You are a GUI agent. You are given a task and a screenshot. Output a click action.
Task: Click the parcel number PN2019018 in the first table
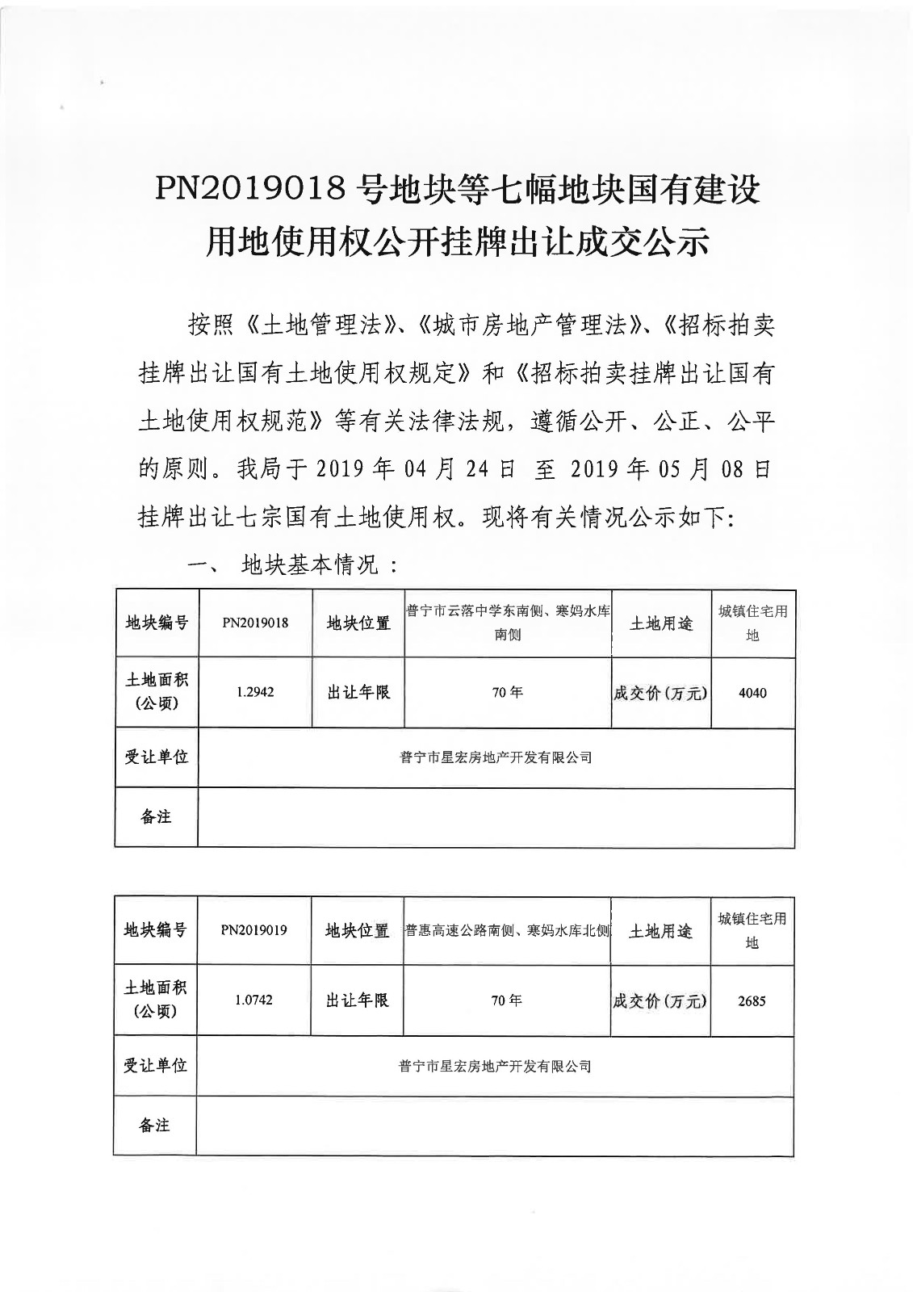[x=255, y=623]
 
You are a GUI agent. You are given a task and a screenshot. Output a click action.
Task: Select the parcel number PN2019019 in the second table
[x=253, y=930]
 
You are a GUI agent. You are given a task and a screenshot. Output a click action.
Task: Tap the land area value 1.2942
[x=255, y=692]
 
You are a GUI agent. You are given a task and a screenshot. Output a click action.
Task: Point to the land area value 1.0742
[x=253, y=1000]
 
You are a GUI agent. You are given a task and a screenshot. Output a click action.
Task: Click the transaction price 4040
[x=752, y=693]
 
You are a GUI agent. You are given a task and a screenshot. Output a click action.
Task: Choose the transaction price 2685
[x=752, y=1000]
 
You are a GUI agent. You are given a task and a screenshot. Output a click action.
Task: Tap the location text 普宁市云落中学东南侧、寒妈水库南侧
[x=507, y=623]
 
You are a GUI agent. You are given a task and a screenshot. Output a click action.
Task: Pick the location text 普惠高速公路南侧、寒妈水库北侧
[x=507, y=930]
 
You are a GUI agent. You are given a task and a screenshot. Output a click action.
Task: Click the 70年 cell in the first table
[x=507, y=693]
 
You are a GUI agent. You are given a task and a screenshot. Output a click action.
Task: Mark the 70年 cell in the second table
[x=506, y=1000]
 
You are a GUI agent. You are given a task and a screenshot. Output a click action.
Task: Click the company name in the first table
[x=496, y=757]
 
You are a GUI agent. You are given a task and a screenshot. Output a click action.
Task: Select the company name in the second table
[x=495, y=1066]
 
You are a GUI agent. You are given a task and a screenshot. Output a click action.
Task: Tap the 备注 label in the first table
[x=156, y=816]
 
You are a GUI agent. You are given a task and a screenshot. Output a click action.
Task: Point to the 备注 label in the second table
[x=155, y=1125]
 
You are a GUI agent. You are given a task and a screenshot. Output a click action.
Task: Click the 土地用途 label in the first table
[x=660, y=623]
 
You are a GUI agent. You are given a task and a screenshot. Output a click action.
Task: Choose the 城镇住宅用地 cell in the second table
[x=752, y=930]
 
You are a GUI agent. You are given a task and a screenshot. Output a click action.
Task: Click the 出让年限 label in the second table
[x=357, y=1000]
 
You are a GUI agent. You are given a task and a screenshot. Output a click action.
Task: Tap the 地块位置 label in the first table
[x=358, y=623]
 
